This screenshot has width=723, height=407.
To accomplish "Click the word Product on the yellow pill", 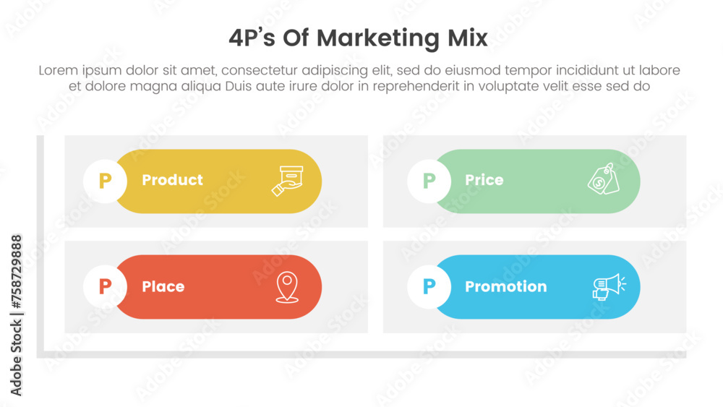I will (172, 180).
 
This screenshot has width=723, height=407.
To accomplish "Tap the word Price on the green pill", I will (484, 180).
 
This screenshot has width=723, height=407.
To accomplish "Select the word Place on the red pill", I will (163, 287).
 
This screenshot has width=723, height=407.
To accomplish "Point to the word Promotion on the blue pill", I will (505, 287).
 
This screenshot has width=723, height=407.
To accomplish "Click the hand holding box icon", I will (286, 181).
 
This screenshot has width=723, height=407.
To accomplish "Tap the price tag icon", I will (603, 179).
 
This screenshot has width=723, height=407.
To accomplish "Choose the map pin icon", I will (287, 287).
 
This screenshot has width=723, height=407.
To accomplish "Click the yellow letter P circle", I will (105, 181).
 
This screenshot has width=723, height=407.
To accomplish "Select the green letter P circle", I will (429, 181).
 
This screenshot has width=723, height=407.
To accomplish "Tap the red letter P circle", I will (105, 287).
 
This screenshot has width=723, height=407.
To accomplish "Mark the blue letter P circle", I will (429, 287).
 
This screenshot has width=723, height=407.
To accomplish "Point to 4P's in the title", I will (254, 39).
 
